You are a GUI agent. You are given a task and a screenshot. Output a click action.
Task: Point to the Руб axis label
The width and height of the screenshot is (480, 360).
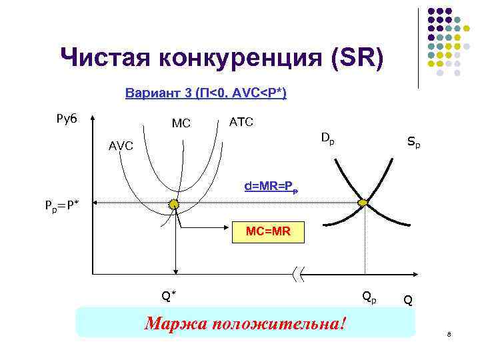point(67,119)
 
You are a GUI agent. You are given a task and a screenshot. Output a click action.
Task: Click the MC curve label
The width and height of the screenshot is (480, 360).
point(181,124)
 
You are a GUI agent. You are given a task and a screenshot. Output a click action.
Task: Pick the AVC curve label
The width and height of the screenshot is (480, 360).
point(121,146)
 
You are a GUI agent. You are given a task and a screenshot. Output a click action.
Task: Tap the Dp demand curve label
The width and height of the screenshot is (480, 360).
point(327,138)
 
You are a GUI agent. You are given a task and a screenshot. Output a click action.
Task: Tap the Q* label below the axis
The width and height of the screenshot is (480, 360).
point(169,295)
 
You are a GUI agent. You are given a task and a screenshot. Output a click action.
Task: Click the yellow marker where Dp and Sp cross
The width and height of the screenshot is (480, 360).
point(364,202)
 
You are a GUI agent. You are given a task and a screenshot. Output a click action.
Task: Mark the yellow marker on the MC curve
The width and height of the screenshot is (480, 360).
point(174,204)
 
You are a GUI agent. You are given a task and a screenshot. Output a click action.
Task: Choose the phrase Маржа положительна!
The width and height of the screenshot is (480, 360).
point(246,324)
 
